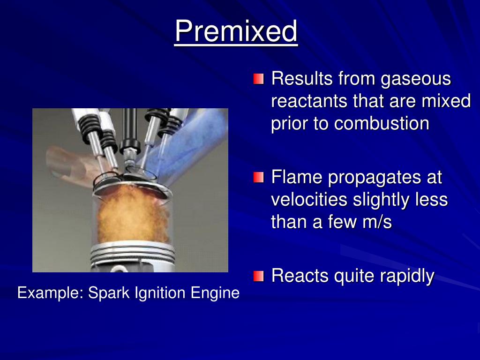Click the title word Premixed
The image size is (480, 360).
click(x=236, y=31)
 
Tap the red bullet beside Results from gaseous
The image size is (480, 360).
click(x=259, y=79)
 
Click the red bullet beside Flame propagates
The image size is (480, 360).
click(x=259, y=178)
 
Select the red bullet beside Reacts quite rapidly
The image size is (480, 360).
click(x=259, y=276)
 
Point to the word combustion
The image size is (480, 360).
click(x=382, y=123)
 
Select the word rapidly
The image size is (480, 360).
click(x=407, y=276)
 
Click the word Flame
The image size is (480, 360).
click(x=297, y=178)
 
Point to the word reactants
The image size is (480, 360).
click(x=309, y=102)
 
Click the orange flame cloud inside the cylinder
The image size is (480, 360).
click(x=129, y=213)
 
